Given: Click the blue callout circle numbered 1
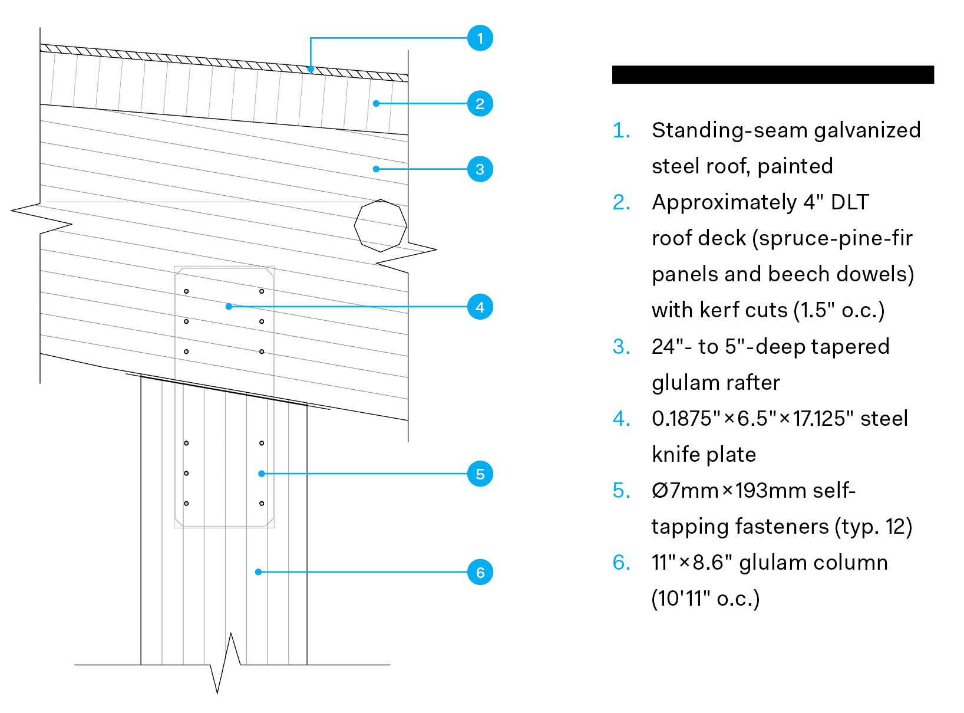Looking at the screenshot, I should click(x=480, y=38).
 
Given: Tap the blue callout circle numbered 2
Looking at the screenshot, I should click(x=480, y=104).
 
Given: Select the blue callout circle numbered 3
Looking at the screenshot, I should click(x=480, y=169).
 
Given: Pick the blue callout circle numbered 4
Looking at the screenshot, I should click(x=480, y=307).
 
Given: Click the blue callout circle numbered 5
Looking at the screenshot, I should click(x=480, y=474).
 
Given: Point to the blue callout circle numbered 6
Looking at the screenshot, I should click(x=480, y=572).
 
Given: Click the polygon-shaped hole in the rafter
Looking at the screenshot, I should click(x=381, y=225).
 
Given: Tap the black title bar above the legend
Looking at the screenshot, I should click(x=772, y=75).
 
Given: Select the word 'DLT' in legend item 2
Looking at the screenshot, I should click(x=849, y=202).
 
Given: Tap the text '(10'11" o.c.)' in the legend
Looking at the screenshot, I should click(x=705, y=599).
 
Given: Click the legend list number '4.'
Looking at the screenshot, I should click(x=621, y=419).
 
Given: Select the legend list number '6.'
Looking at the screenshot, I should click(x=621, y=563).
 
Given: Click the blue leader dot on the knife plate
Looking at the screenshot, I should click(x=229, y=307).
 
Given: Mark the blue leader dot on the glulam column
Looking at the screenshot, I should click(x=258, y=572).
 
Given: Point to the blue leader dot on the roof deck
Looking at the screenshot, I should click(x=376, y=104).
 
